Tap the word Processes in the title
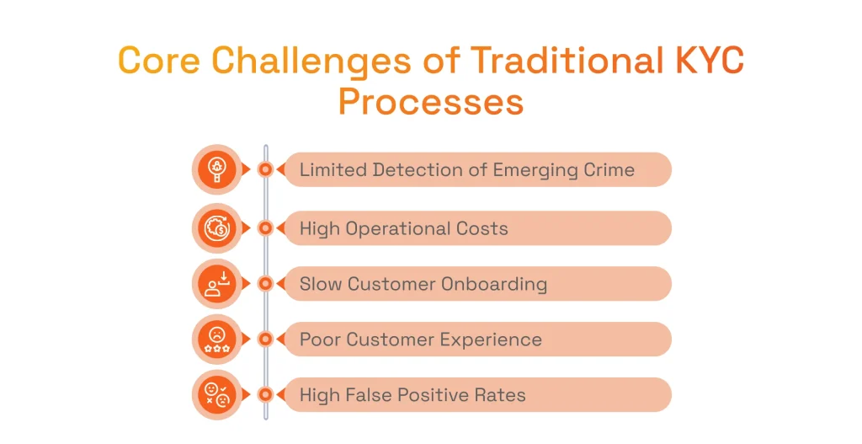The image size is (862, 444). pos(430,102)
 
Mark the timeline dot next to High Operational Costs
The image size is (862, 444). pos(265,227)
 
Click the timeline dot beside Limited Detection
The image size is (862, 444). pos(265,169)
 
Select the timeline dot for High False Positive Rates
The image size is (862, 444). pos(265,394)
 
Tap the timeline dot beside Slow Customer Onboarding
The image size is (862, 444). pos(265,284)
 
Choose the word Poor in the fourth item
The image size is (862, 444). pos(320,340)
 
